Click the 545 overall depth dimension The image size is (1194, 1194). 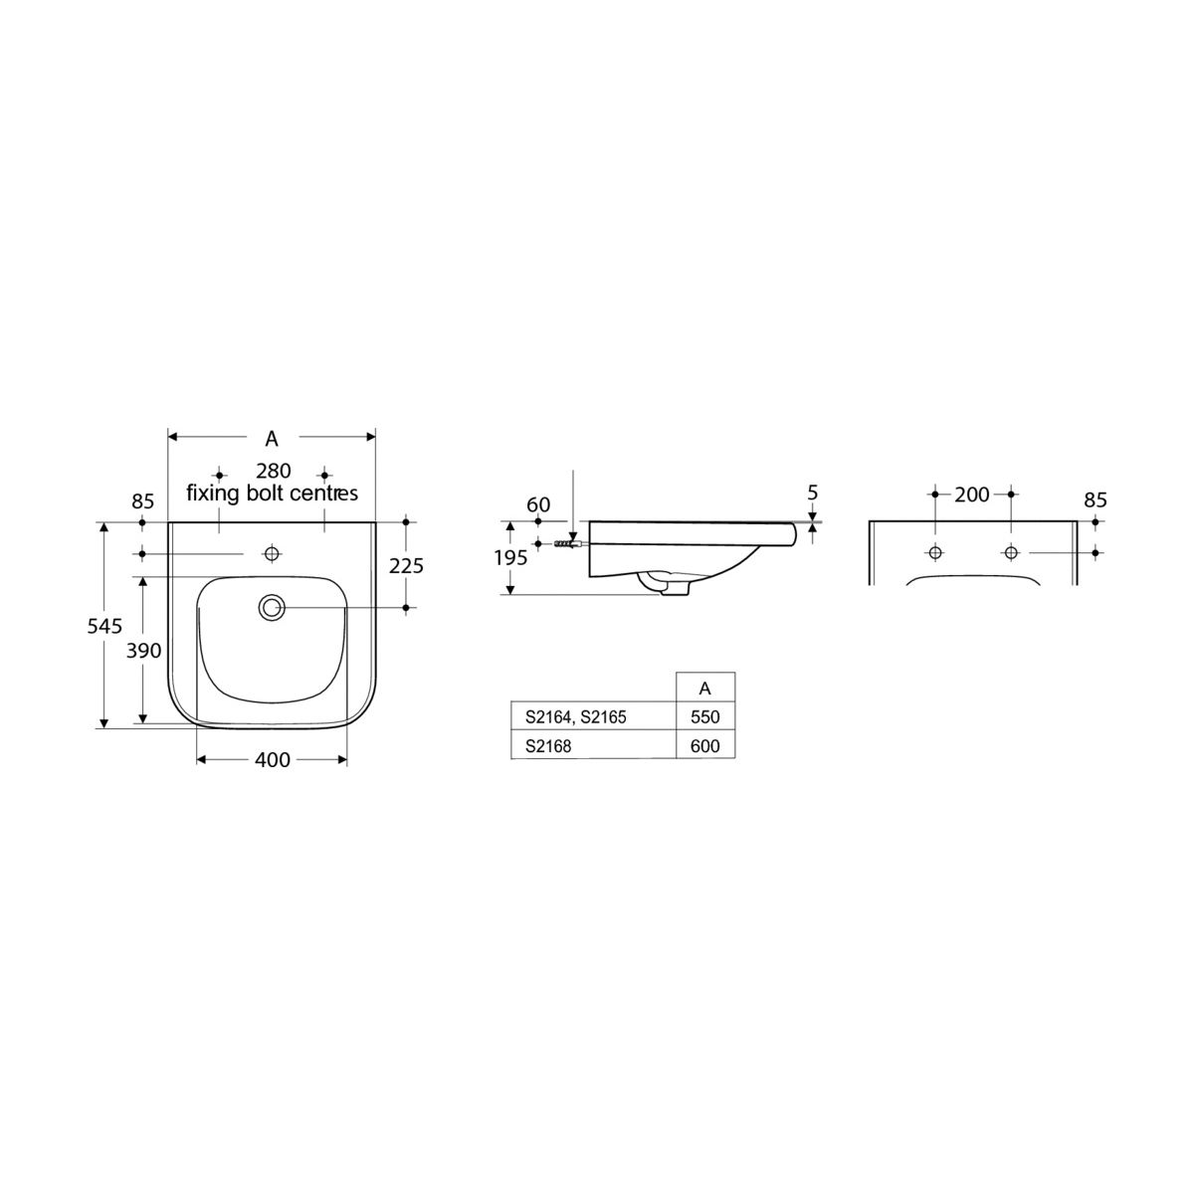pos(104,627)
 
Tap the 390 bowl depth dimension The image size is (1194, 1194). pos(143,651)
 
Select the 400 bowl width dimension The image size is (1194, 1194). pos(272,760)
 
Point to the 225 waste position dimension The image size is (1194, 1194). pos(406,566)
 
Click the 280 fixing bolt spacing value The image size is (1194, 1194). pos(274,471)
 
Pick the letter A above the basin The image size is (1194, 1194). pos(272,439)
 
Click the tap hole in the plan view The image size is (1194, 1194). pos(272,553)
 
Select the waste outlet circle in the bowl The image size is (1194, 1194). pos(272,608)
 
